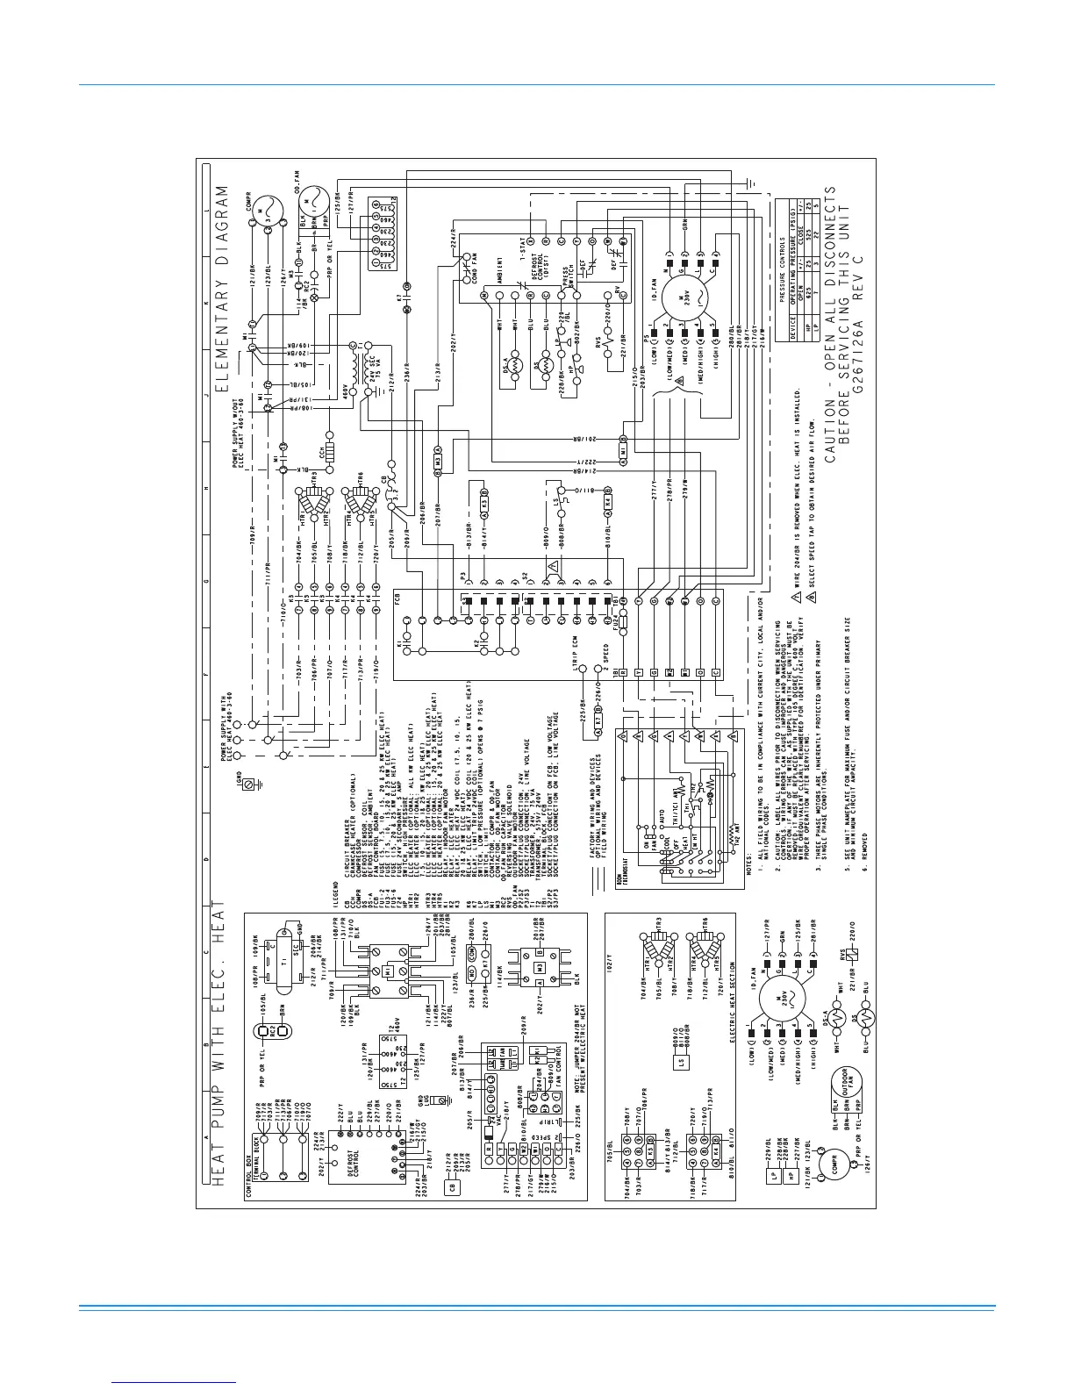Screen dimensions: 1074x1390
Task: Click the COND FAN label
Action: [x=472, y=268]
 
